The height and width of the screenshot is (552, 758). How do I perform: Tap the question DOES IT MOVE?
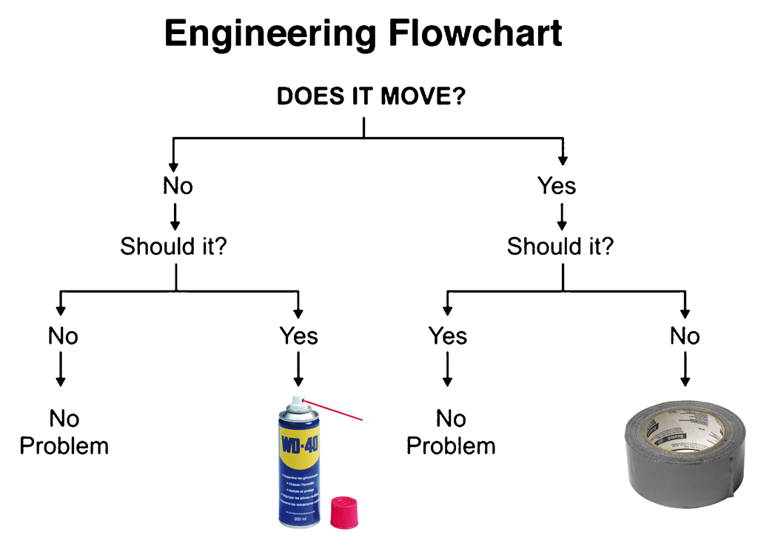click(371, 97)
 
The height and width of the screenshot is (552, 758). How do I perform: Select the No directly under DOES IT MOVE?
click(178, 185)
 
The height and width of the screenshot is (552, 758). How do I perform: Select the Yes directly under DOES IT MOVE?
click(557, 185)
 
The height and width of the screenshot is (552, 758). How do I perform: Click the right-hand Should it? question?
click(560, 245)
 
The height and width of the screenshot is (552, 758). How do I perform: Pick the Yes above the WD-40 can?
click(298, 336)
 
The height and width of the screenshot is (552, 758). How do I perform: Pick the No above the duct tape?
click(685, 336)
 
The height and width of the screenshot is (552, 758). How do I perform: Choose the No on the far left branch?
click(63, 336)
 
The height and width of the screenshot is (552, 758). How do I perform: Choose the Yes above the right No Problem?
click(448, 336)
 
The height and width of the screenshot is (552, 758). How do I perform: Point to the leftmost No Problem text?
click(64, 433)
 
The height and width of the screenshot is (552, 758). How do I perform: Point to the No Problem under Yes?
click(451, 433)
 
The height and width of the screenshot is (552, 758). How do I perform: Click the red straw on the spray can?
click(333, 410)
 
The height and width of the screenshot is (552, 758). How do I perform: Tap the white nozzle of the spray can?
click(296, 402)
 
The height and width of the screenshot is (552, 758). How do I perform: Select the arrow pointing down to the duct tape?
click(685, 368)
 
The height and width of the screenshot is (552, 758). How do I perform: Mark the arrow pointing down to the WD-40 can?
click(298, 368)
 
